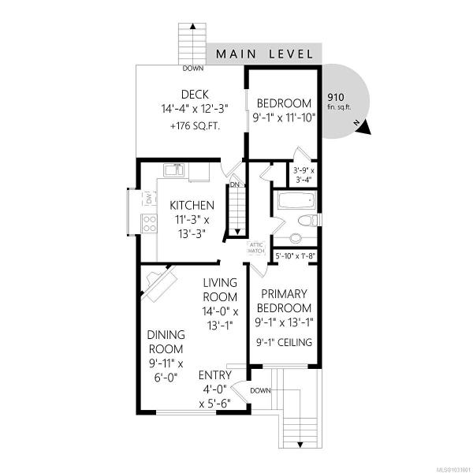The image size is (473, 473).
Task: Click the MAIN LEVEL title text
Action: pos(265,54)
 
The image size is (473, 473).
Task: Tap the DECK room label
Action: pos(195,95)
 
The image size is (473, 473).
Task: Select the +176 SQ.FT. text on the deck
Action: pos(196,126)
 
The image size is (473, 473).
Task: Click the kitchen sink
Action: pos(173,170)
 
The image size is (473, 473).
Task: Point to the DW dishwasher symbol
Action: pos(149,198)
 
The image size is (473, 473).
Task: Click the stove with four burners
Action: pos(149,223)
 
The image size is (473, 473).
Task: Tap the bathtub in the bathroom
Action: pos(297,199)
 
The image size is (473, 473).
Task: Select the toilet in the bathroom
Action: pos(308,220)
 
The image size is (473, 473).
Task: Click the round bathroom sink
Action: pos(296,238)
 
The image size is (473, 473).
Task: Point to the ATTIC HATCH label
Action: pos(256,248)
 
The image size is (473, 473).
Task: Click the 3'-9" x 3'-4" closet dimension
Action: pos(304,175)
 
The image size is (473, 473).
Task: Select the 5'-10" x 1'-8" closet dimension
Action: pos(296,256)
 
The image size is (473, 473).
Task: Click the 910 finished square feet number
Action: pos(336,97)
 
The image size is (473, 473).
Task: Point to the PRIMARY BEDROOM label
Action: pos(284,301)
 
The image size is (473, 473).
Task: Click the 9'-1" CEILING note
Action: pos(284,342)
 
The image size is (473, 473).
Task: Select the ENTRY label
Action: pos(215,375)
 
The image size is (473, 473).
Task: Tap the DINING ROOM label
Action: pos(166,342)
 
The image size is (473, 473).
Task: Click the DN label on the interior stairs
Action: pos(234,184)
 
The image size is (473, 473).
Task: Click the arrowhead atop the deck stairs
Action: pos(193,26)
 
